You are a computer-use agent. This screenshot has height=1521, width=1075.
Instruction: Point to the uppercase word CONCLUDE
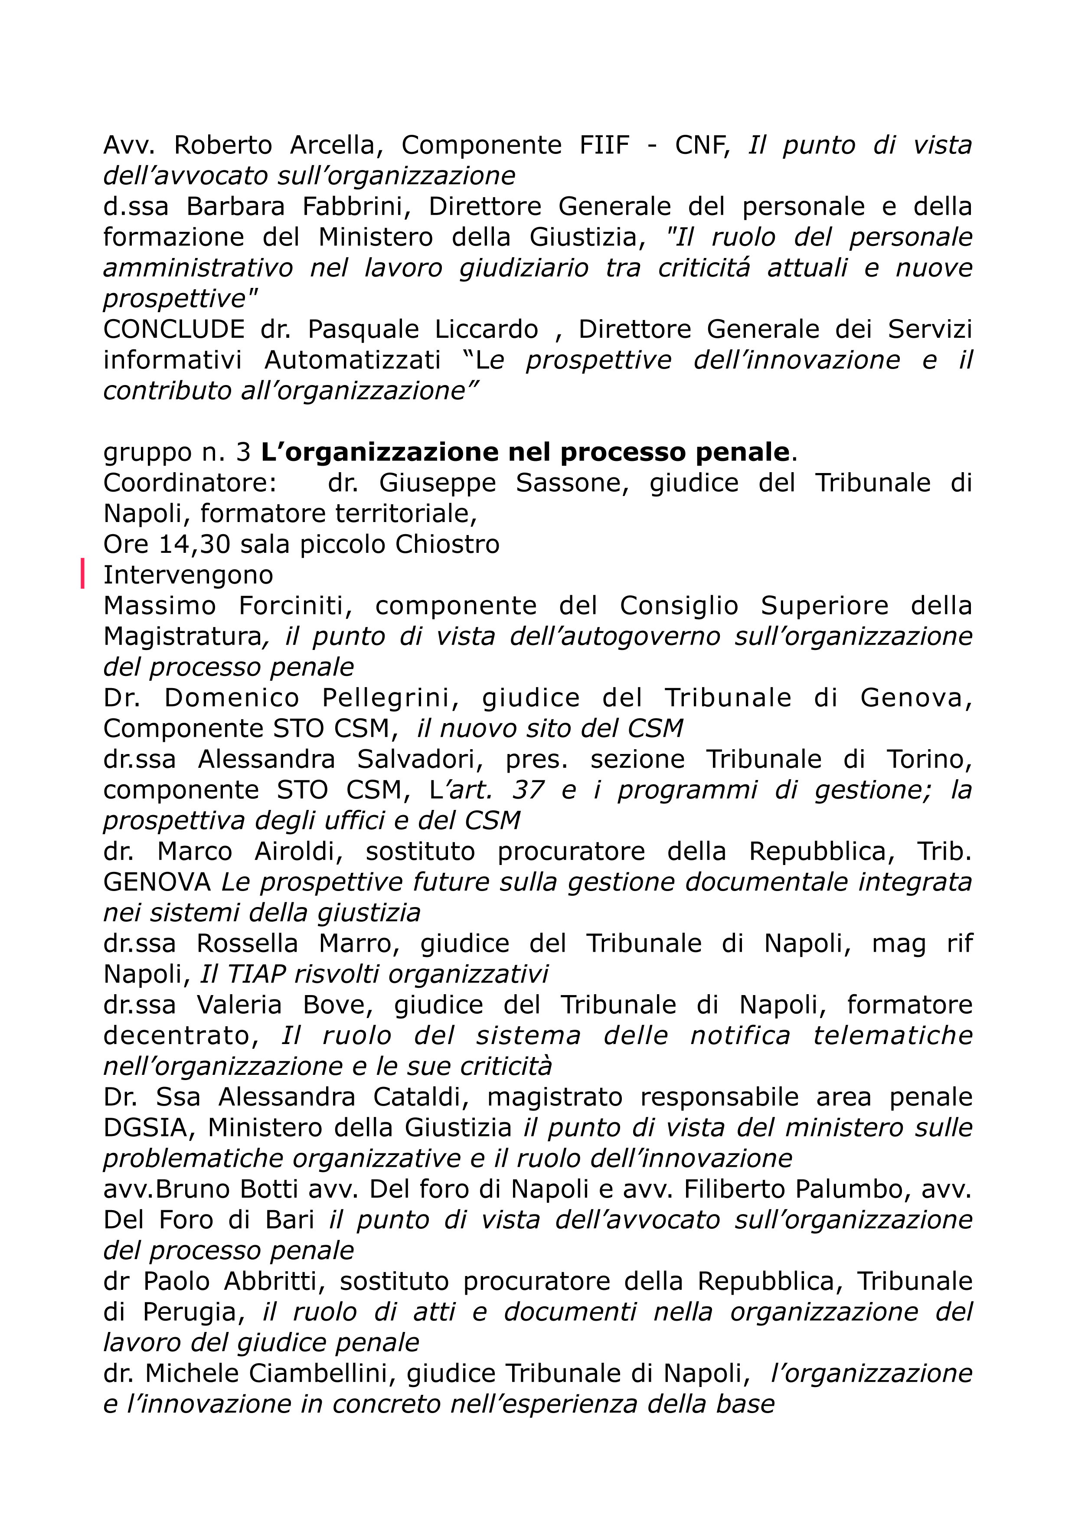[173, 329]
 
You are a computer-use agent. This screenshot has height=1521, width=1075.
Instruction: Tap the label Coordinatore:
[190, 483]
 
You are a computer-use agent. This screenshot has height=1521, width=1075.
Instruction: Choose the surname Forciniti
[292, 605]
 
